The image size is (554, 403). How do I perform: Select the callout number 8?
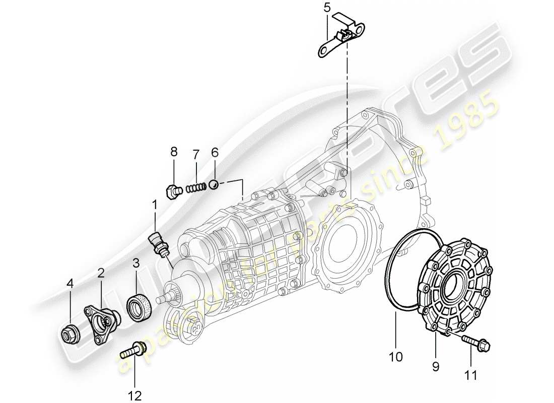point(174,151)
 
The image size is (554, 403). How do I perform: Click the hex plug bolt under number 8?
point(174,191)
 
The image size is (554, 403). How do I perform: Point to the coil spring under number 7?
point(196,188)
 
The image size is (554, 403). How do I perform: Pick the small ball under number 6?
point(214,184)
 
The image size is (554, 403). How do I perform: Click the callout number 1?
point(155,205)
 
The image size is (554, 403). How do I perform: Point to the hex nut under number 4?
point(70,333)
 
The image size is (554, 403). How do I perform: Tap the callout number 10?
point(396,357)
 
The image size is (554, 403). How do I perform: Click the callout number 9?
point(435,367)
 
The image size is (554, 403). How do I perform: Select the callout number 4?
point(70,284)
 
